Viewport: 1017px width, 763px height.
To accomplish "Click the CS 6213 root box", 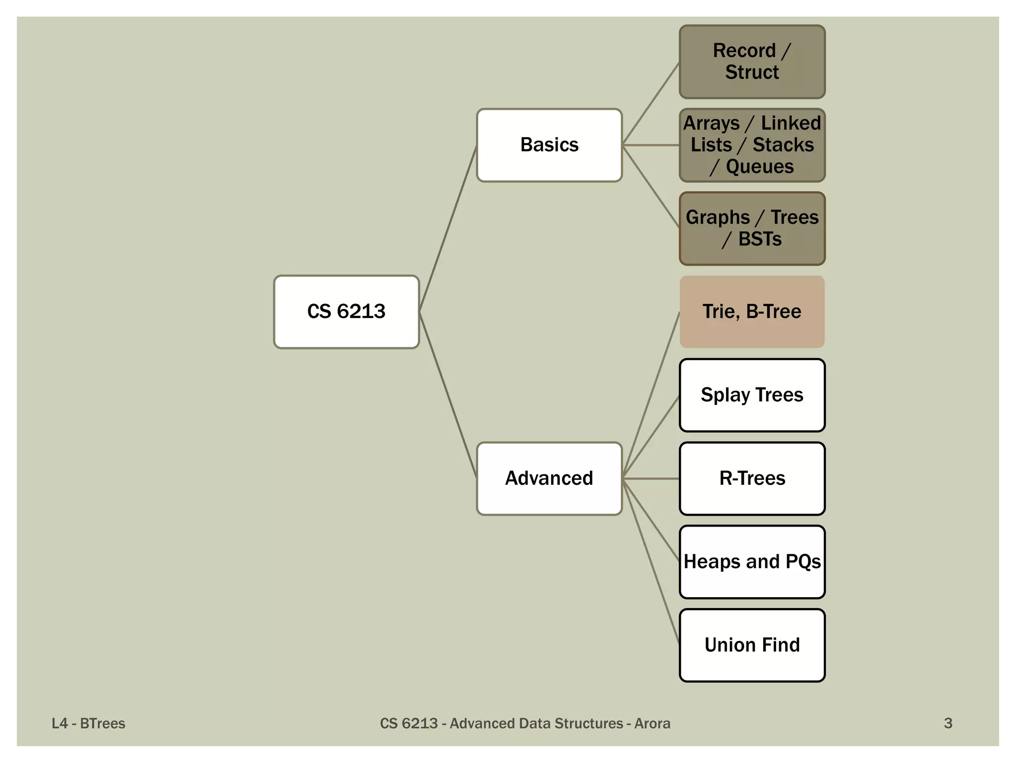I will [x=346, y=311].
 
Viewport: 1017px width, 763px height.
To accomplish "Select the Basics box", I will [x=549, y=145].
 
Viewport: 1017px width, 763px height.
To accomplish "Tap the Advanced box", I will [x=549, y=478].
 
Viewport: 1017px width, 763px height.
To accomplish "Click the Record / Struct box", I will [x=752, y=62].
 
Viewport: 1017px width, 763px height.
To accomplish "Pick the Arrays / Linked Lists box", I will [x=752, y=145].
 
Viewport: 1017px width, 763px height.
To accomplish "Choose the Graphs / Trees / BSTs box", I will [x=752, y=229].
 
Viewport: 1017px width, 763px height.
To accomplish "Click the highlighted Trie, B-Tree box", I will [x=752, y=311].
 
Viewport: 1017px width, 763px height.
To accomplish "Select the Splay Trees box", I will [x=752, y=395].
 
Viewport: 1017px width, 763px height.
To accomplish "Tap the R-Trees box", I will [x=752, y=478].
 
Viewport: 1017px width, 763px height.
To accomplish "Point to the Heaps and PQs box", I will [x=752, y=562].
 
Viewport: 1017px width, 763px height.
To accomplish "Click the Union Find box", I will [x=752, y=645].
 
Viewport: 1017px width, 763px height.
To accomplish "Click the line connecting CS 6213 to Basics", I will [x=448, y=229].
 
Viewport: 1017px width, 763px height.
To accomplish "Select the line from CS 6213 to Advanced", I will [x=448, y=395].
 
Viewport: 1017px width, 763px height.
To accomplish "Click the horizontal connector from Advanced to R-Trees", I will [x=651, y=478].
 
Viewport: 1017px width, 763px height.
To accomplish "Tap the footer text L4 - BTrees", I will [x=88, y=723].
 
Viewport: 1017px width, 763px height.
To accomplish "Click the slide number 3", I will [x=947, y=723].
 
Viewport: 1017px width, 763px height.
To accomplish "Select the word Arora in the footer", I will [x=652, y=723].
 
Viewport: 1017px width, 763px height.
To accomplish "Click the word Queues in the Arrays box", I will [x=759, y=167].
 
